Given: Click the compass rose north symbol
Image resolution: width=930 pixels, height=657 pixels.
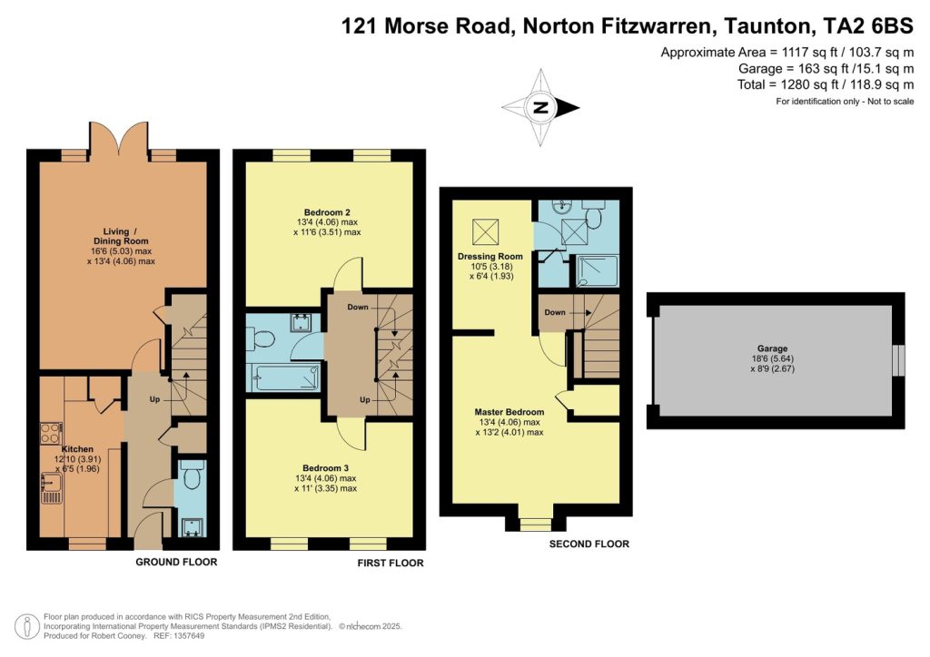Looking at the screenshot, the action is click(540, 107).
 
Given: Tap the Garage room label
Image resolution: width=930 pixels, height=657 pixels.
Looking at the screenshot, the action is click(772, 348).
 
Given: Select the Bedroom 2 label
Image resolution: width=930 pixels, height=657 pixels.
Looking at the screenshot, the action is click(327, 212).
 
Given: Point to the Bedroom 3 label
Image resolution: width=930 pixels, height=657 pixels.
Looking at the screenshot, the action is click(326, 468).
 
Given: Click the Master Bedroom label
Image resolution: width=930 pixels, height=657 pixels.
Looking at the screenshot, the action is click(510, 412).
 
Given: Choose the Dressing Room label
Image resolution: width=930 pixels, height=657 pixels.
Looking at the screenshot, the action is click(490, 256).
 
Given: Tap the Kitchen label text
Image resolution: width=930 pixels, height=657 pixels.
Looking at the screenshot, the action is click(77, 449).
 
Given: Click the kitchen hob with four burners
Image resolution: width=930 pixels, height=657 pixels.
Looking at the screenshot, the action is click(51, 433).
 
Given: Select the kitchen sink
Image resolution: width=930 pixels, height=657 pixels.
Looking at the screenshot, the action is click(52, 488).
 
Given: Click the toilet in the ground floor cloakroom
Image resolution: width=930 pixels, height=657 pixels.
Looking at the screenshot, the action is click(193, 476).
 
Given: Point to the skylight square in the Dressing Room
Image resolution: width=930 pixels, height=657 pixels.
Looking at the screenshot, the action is click(485, 231).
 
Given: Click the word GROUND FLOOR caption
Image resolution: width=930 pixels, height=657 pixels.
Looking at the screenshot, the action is click(177, 562).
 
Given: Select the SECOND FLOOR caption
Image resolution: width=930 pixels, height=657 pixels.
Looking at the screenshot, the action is click(589, 544).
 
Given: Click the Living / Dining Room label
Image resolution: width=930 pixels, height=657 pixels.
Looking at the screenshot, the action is click(121, 236).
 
